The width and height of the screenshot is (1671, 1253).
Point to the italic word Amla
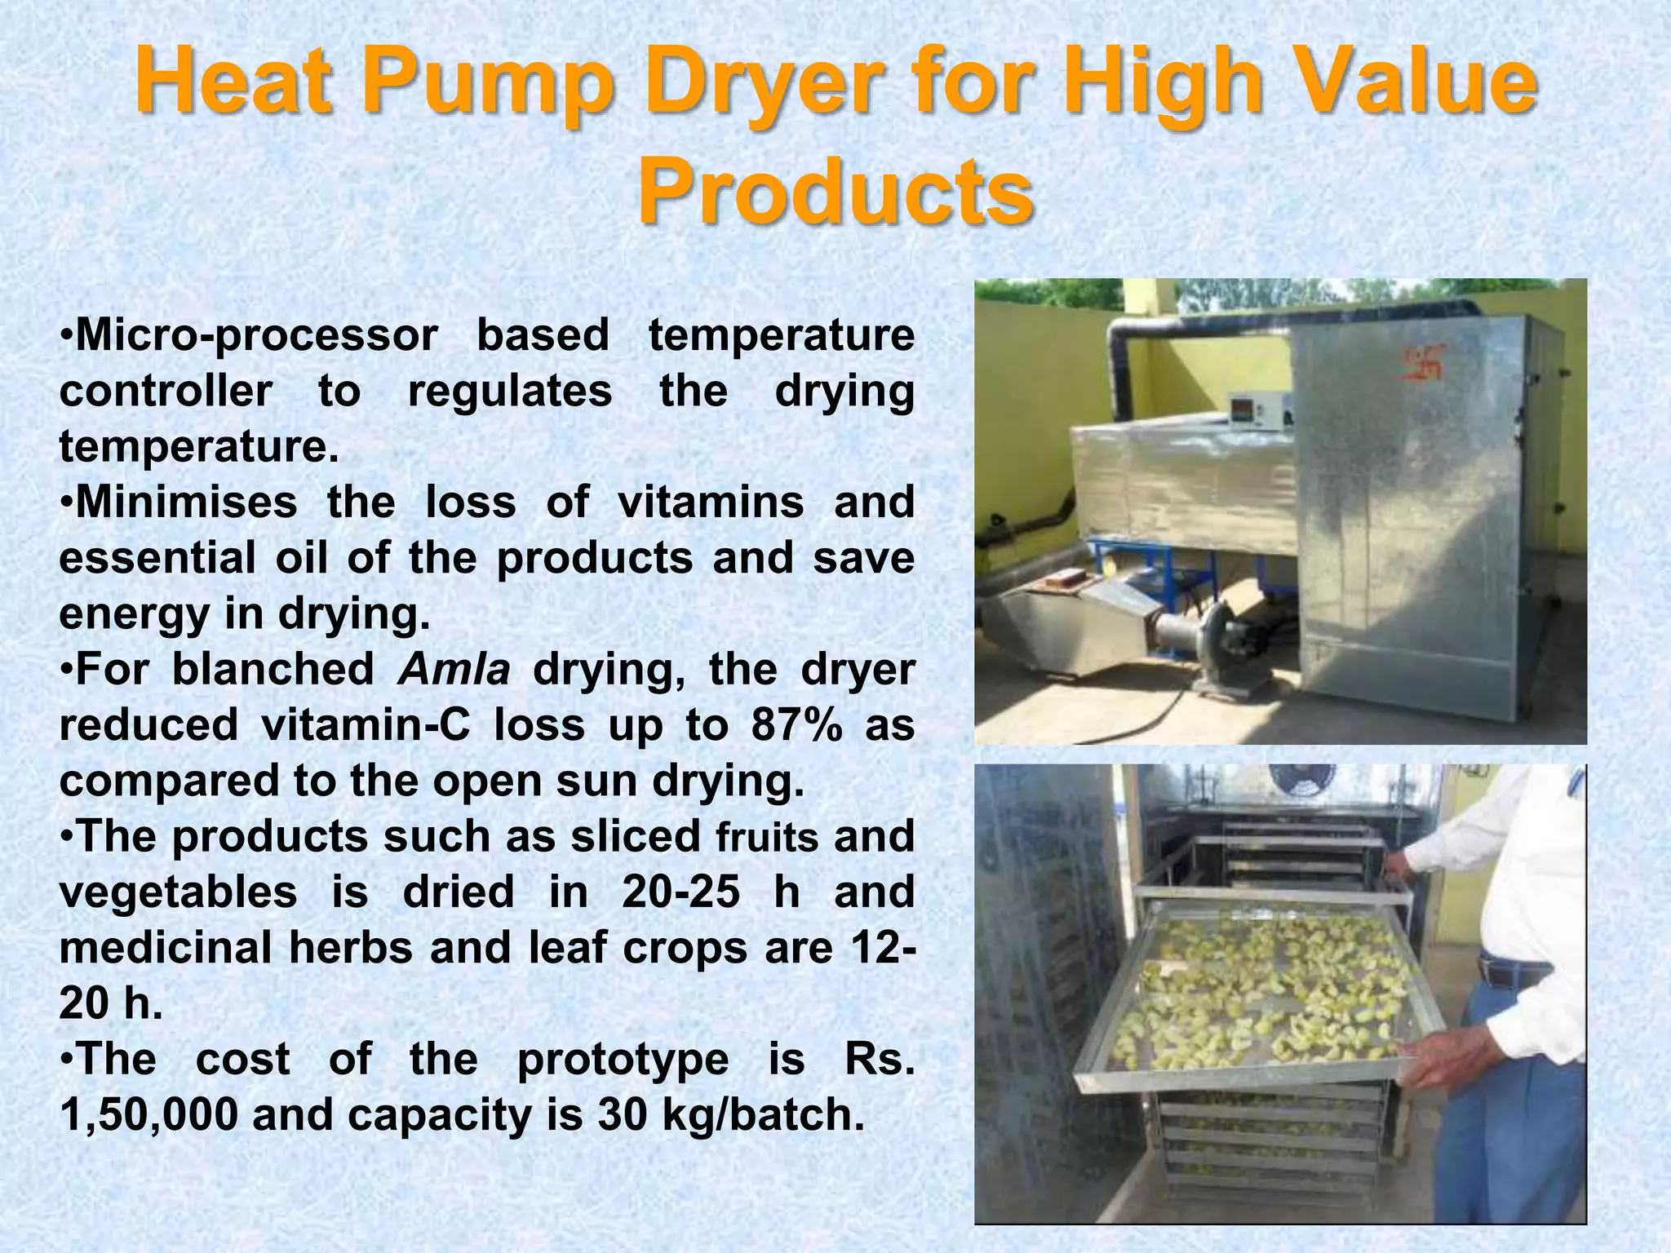click(x=454, y=670)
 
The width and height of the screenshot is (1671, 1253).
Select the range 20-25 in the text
click(x=680, y=892)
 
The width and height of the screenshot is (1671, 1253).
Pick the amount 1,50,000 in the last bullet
click(x=148, y=1115)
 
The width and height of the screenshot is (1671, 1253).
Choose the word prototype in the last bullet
click(x=623, y=1059)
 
